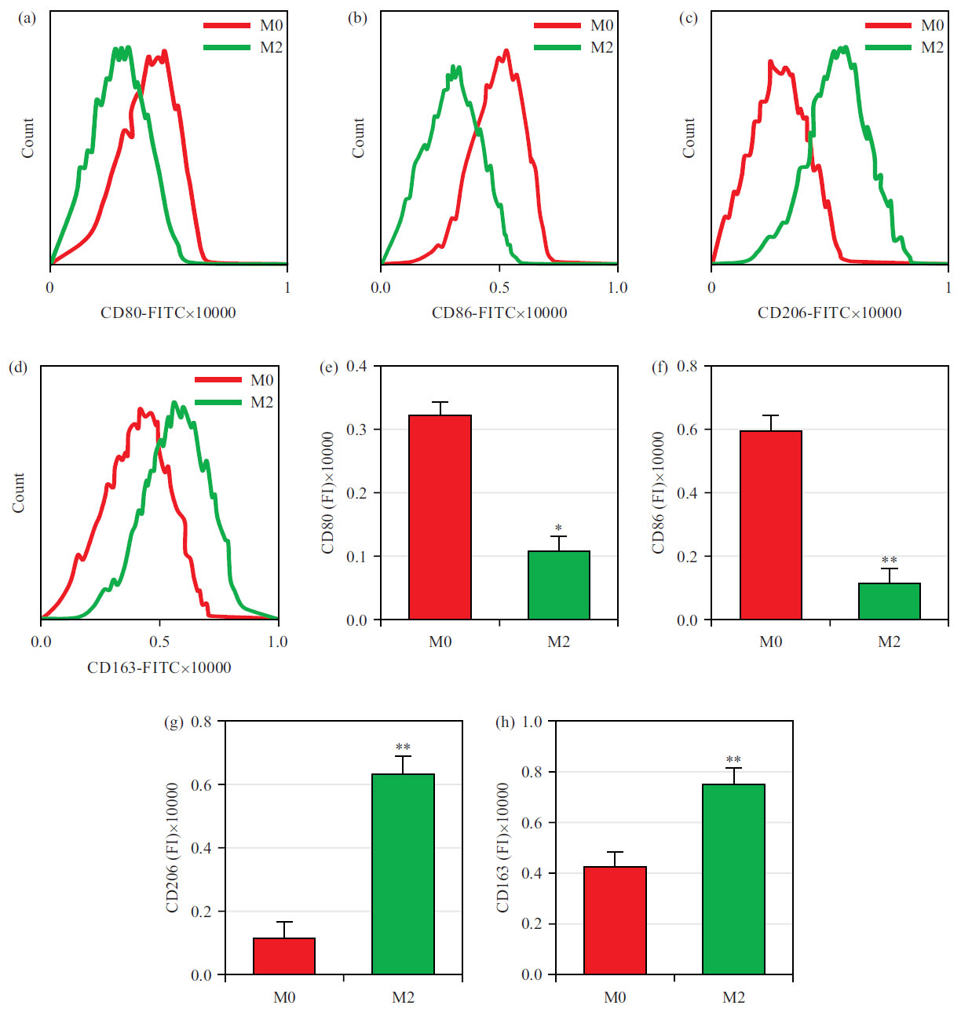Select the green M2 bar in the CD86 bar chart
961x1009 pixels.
pos(889,601)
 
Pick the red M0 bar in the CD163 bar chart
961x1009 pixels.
pos(615,919)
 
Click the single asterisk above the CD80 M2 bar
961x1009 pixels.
pos(558,528)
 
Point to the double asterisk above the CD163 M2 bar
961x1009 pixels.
pos(733,760)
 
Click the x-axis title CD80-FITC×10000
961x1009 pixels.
pos(168,313)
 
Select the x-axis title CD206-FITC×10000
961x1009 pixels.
pos(829,313)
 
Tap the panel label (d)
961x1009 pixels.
pos(17,367)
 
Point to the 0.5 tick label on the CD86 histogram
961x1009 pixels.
pos(499,287)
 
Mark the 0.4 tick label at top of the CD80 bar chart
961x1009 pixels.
pos(357,367)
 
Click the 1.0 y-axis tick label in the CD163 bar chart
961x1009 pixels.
pos(532,722)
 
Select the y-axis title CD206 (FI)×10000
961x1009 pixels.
pos(173,847)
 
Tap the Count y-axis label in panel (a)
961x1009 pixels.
pos(27,138)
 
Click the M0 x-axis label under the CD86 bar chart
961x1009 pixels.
pos(770,642)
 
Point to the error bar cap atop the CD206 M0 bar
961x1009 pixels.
pos(284,922)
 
